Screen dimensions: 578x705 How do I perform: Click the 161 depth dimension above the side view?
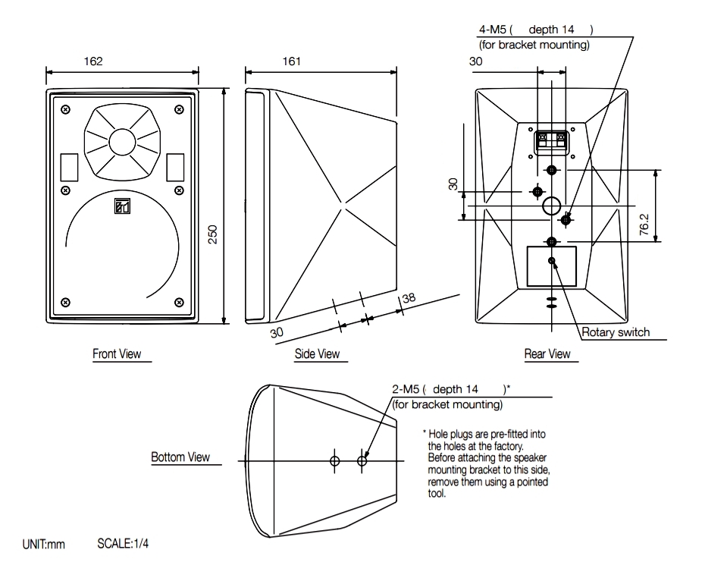click(x=291, y=61)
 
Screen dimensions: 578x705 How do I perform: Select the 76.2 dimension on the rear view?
click(x=644, y=225)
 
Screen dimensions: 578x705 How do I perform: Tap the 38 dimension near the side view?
click(x=409, y=299)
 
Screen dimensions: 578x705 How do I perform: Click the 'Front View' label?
click(x=117, y=353)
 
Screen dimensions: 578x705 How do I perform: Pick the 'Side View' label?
click(x=317, y=353)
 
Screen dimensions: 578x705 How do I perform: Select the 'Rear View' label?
click(x=547, y=353)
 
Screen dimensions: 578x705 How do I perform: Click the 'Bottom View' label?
click(x=180, y=457)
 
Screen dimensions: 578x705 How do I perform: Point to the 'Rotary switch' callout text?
click(x=615, y=332)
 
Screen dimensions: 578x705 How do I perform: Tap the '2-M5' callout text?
click(x=405, y=389)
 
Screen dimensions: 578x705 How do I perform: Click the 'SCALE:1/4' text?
click(x=123, y=545)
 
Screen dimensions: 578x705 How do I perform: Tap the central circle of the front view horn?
click(x=122, y=142)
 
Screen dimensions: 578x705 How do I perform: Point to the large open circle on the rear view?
click(x=552, y=204)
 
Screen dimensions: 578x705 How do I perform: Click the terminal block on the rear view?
click(x=552, y=140)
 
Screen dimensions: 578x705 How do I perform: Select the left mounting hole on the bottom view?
click(x=335, y=460)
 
